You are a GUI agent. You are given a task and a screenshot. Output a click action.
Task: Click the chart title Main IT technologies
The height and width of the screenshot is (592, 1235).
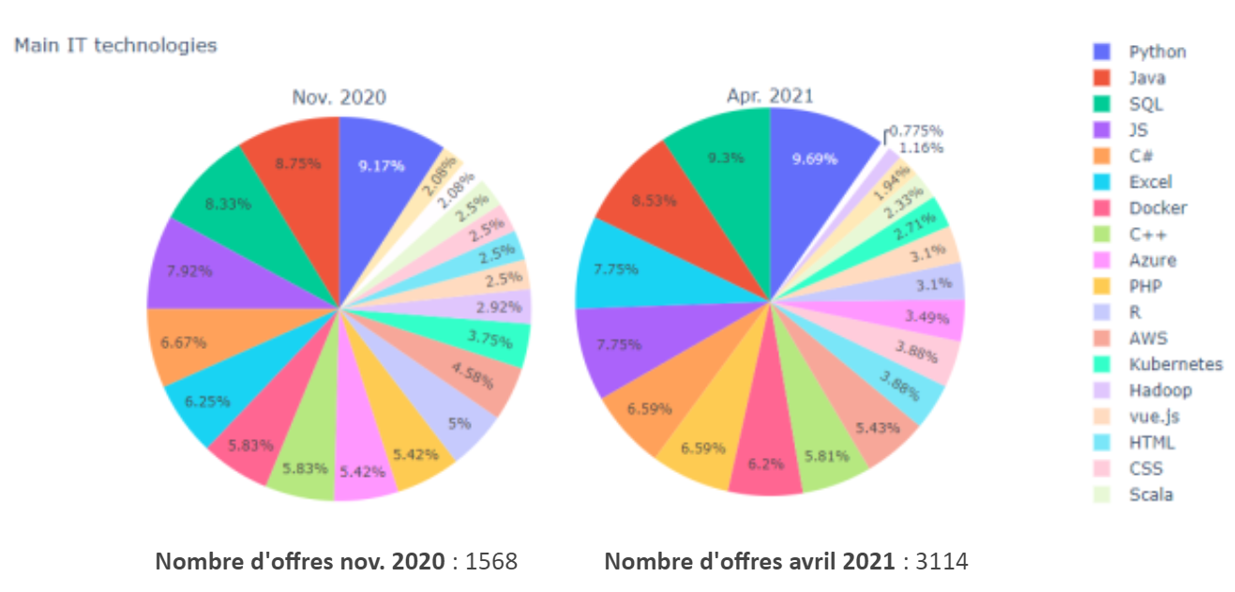(115, 45)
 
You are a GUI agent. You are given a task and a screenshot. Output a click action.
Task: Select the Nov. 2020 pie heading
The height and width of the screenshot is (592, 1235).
(339, 97)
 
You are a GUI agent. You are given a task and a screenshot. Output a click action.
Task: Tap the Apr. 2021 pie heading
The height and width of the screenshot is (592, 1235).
(770, 96)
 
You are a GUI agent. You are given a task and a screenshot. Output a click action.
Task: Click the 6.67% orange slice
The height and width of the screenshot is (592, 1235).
(184, 343)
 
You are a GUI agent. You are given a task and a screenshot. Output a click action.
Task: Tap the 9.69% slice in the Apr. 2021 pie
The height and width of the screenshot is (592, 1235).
(814, 159)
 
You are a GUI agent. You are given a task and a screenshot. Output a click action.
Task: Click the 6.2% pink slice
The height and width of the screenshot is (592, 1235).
(765, 459)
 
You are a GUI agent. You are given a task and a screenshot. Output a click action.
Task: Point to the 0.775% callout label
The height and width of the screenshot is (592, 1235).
(915, 130)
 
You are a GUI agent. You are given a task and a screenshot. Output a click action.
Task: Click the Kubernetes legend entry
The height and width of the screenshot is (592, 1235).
(1175, 364)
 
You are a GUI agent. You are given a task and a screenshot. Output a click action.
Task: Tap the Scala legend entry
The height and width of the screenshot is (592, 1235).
(1151, 494)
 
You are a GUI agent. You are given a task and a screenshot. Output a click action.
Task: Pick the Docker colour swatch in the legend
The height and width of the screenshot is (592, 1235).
(1103, 208)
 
